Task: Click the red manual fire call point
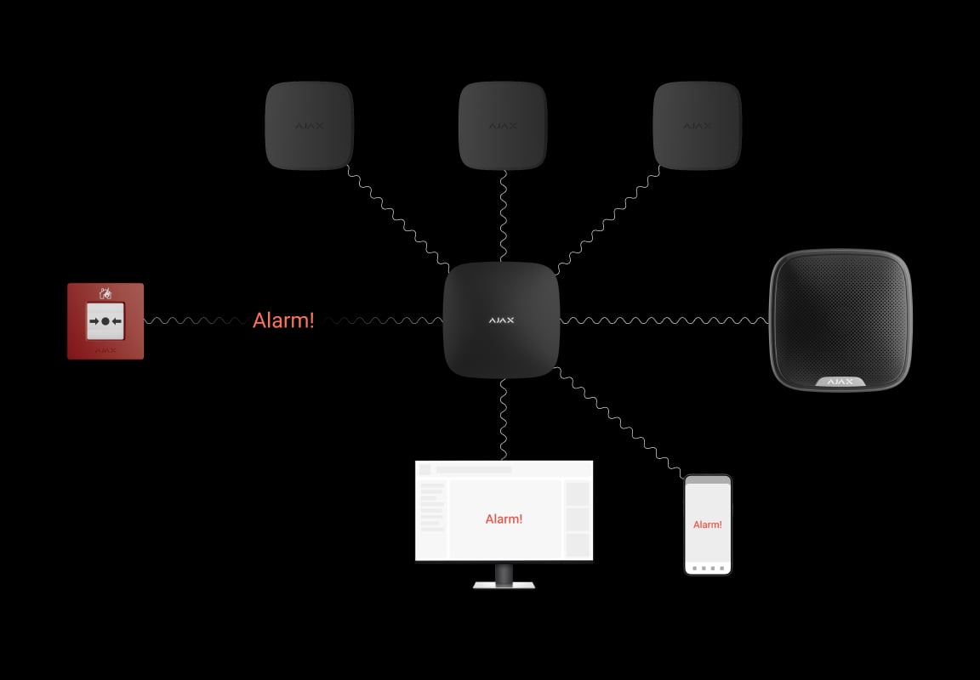(105, 321)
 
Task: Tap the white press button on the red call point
(105, 321)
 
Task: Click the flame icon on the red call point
(105, 292)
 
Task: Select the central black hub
(501, 320)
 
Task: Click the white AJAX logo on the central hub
(501, 320)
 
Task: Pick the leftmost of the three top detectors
(310, 126)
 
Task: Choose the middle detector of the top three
(503, 126)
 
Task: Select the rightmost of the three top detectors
(697, 126)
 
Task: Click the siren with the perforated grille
(840, 320)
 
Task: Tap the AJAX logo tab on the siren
(840, 382)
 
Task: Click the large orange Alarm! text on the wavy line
(283, 320)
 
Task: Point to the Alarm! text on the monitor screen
(504, 518)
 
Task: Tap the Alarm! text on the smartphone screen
(708, 524)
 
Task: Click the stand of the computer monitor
(504, 576)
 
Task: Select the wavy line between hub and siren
(664, 320)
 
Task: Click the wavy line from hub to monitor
(504, 420)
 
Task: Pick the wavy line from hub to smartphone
(618, 422)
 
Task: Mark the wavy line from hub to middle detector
(504, 216)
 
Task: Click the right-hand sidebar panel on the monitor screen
(578, 518)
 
